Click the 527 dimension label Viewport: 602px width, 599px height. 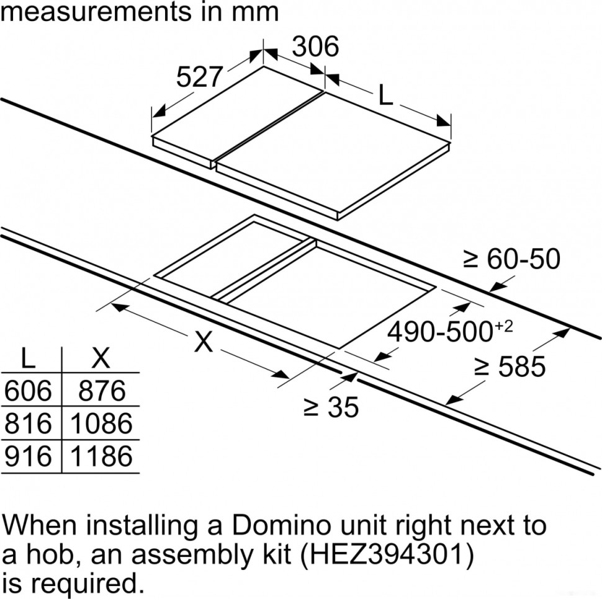[x=199, y=77]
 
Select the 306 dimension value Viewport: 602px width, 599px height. [x=316, y=47]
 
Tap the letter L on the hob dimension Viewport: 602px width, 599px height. [x=385, y=95]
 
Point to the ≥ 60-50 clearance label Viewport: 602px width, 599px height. [x=512, y=259]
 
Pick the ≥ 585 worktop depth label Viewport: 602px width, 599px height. [x=510, y=366]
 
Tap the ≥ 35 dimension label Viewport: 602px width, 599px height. [x=331, y=407]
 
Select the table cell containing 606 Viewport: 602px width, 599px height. [x=28, y=391]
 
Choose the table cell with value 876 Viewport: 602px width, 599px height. [x=102, y=391]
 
